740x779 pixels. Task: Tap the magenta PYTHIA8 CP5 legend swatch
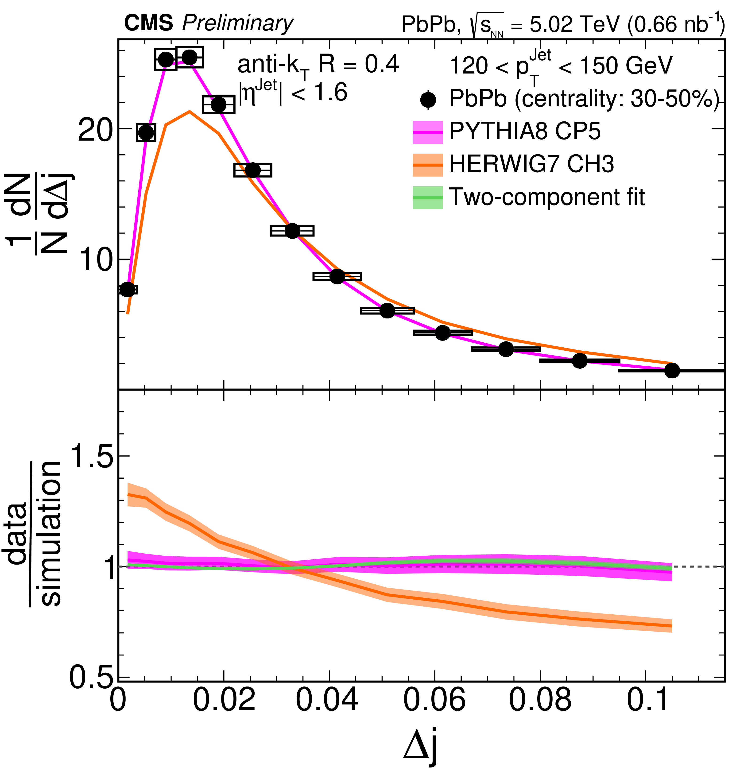tap(428, 132)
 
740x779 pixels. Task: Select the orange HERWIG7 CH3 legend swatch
tap(428, 165)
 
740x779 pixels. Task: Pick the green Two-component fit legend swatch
tap(428, 197)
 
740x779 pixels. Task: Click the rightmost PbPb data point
tap(672, 371)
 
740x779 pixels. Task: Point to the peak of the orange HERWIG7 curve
tap(190, 112)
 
